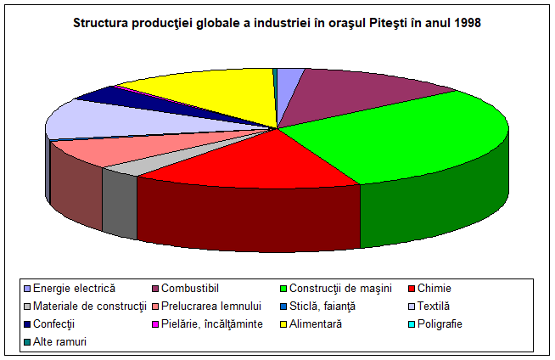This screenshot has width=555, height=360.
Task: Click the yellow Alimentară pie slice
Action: (212, 92)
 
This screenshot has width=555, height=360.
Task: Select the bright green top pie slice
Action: (407, 138)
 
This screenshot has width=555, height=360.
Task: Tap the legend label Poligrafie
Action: (440, 324)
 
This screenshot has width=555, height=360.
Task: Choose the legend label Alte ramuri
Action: (59, 342)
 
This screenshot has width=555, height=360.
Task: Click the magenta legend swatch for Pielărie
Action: (155, 324)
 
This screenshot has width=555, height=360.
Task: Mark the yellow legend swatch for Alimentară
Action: (283, 324)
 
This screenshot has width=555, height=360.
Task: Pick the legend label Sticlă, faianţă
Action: (322, 307)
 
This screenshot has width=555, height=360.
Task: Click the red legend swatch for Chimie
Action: (412, 289)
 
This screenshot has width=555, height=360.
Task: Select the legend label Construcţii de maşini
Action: (340, 289)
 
